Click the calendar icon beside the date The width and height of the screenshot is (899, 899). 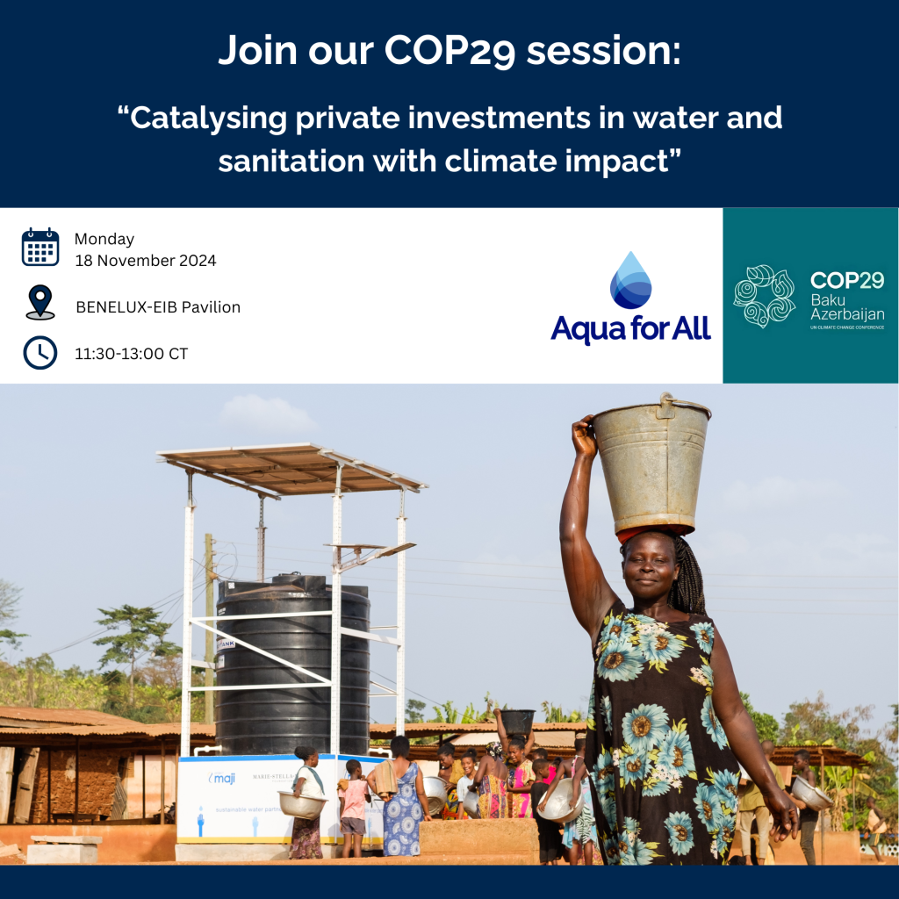coord(40,247)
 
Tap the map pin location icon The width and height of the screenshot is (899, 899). coord(40,302)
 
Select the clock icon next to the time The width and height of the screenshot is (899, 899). coord(40,353)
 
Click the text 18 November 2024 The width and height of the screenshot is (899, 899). coord(145,261)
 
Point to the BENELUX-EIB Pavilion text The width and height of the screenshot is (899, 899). coord(158,307)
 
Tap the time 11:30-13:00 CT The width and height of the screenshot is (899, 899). coord(131,355)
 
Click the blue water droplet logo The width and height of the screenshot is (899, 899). coord(631,281)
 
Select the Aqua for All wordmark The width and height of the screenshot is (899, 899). coord(630,329)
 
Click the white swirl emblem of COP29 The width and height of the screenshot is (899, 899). coord(764,296)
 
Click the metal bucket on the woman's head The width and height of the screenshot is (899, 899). coord(651,465)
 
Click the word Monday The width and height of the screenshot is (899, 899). coord(104,239)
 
